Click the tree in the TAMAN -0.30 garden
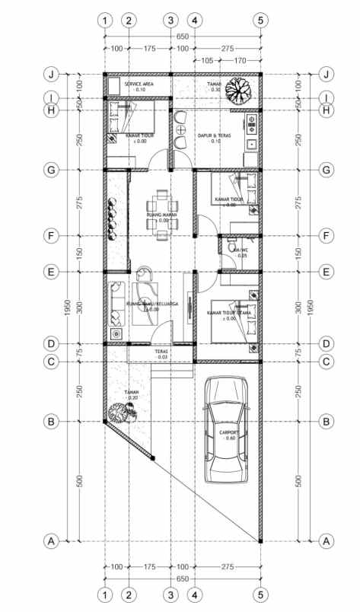pos(241,90)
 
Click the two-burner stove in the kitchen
pos(252,123)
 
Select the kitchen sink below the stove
pos(252,142)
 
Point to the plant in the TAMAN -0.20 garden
pos(122,413)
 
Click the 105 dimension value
pos(206,60)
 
